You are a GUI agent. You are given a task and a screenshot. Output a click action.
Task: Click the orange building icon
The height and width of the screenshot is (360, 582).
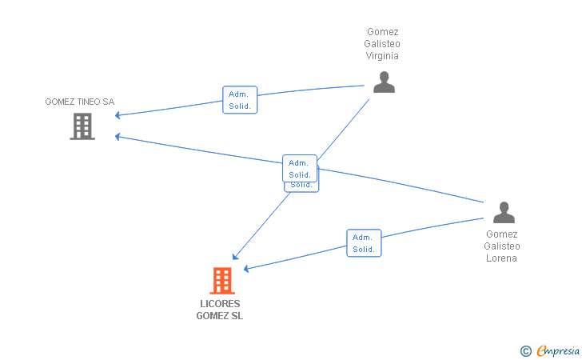[222, 281]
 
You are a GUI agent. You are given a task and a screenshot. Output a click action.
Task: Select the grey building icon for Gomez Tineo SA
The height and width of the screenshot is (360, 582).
[82, 126]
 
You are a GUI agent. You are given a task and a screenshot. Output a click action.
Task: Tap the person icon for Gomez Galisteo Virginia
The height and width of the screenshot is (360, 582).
[384, 82]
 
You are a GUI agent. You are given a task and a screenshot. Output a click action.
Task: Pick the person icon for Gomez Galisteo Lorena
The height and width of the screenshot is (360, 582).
[504, 213]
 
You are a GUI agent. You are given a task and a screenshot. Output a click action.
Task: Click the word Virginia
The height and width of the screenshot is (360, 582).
[382, 56]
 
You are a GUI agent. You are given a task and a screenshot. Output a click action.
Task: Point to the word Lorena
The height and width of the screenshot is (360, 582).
[501, 258]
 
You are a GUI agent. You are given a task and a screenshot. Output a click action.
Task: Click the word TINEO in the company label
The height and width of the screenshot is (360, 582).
[89, 102]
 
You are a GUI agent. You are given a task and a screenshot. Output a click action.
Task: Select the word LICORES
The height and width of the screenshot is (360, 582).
[220, 304]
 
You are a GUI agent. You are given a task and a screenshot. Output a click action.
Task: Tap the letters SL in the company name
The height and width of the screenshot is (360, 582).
[237, 316]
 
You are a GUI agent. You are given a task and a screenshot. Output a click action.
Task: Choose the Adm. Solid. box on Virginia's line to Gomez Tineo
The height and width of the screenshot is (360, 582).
[240, 100]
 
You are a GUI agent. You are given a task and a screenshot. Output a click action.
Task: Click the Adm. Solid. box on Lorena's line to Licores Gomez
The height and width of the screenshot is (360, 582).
[364, 243]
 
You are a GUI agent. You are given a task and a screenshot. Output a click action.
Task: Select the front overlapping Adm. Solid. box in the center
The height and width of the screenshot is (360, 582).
[300, 168]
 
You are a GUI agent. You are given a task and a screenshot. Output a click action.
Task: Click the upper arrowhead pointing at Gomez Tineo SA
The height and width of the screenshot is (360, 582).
[118, 115]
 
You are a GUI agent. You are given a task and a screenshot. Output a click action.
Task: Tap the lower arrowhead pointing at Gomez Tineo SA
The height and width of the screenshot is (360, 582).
[118, 137]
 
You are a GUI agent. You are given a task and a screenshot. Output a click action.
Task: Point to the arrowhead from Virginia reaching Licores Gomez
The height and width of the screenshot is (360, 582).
[235, 257]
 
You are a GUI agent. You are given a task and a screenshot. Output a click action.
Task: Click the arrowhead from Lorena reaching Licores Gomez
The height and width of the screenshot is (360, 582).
[245, 269]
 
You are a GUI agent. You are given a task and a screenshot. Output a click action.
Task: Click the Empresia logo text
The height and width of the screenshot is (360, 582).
[558, 350]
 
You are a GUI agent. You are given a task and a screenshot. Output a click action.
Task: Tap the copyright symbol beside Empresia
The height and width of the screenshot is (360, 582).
[525, 351]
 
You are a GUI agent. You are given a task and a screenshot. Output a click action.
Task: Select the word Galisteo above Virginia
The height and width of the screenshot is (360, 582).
[382, 44]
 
